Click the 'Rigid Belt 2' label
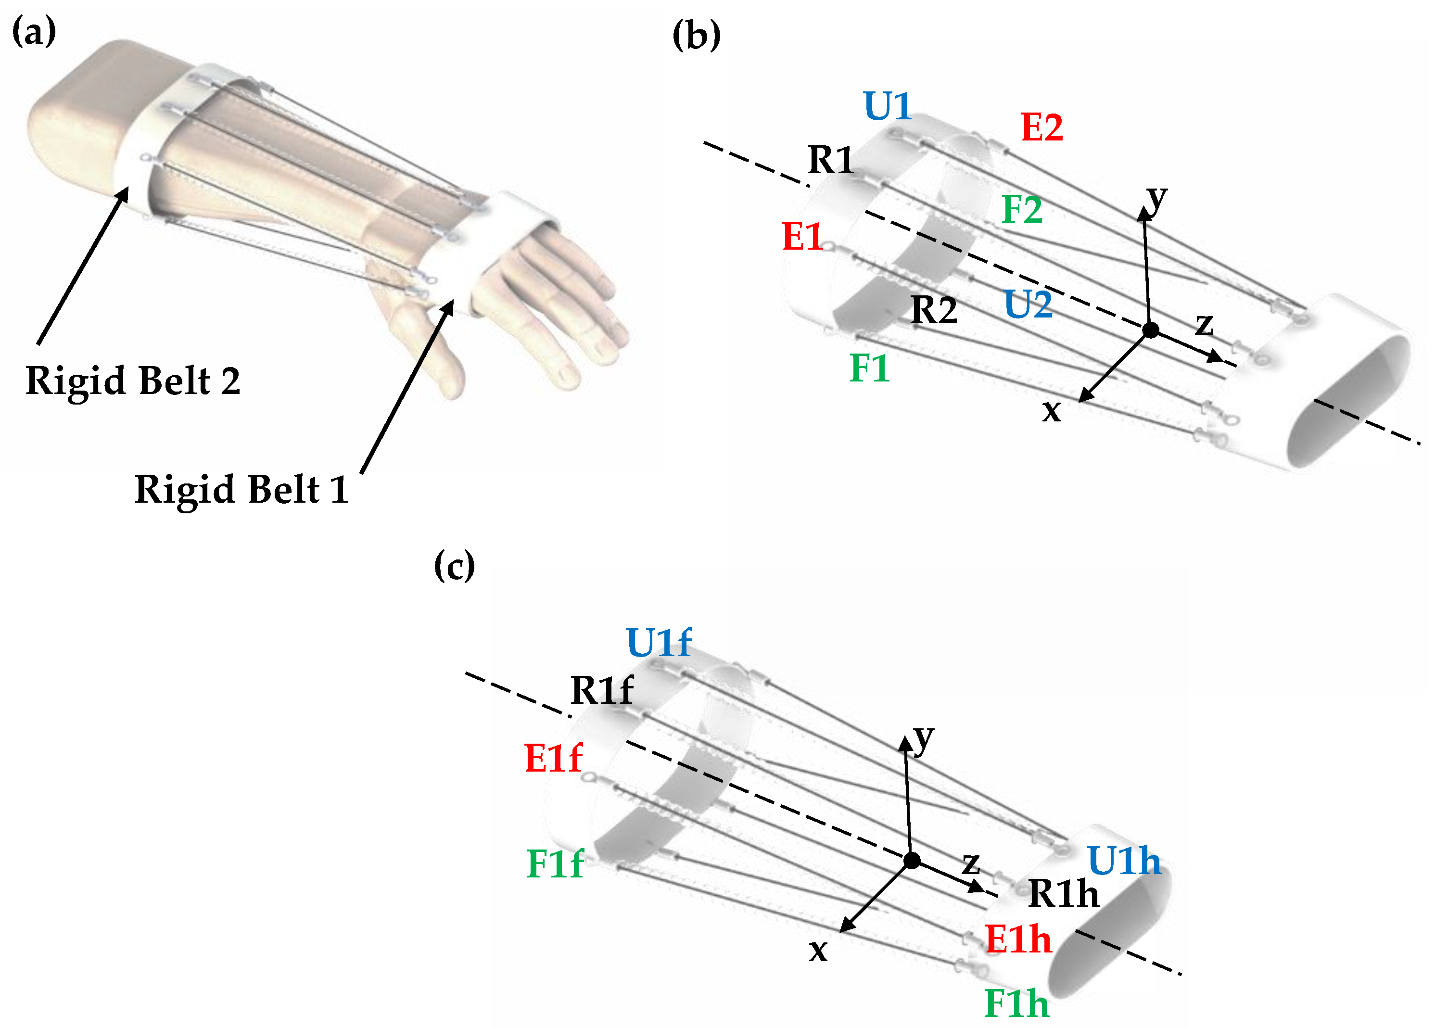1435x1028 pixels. tap(133, 381)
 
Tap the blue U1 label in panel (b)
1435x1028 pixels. tap(887, 106)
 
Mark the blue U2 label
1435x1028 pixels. tap(1028, 305)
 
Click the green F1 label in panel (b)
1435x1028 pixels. tap(869, 368)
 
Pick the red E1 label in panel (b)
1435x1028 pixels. tap(802, 237)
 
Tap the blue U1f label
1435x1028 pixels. tap(658, 643)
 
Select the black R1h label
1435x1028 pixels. tap(1064, 893)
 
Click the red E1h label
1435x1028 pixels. tap(1018, 939)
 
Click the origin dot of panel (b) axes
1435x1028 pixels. tap(1151, 330)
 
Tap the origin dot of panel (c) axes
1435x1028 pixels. tap(912, 861)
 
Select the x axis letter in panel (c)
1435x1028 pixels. tap(818, 950)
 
